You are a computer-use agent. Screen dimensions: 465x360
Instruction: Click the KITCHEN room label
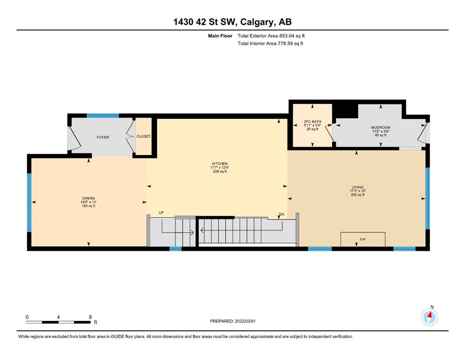[x=220, y=164]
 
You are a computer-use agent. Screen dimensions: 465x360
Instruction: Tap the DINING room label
[x=89, y=198]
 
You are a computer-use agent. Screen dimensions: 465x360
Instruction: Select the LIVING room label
[x=357, y=187]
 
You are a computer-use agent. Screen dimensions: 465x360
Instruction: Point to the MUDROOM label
[x=381, y=127]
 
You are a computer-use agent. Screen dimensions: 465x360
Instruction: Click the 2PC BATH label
[x=312, y=121]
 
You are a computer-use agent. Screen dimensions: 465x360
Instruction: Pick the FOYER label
[x=103, y=137]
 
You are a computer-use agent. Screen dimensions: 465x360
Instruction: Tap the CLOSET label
[x=144, y=136]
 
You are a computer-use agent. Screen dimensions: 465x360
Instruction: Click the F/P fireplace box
[x=363, y=239]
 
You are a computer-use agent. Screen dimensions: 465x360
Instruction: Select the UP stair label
[x=161, y=212]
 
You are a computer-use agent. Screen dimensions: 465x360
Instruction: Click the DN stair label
[x=281, y=214]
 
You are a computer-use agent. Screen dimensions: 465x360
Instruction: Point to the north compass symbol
[x=429, y=317]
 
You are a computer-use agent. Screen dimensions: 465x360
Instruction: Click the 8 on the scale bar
[x=90, y=317]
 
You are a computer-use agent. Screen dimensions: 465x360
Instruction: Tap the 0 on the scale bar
[x=27, y=317]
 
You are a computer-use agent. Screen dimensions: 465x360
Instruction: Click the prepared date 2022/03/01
[x=245, y=321]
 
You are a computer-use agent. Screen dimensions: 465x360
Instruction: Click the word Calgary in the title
[x=257, y=22]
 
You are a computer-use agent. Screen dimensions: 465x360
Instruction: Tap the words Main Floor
[x=220, y=36]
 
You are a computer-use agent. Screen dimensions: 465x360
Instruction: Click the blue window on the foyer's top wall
[x=103, y=116]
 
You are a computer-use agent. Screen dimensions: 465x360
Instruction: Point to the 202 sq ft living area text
[x=357, y=195]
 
